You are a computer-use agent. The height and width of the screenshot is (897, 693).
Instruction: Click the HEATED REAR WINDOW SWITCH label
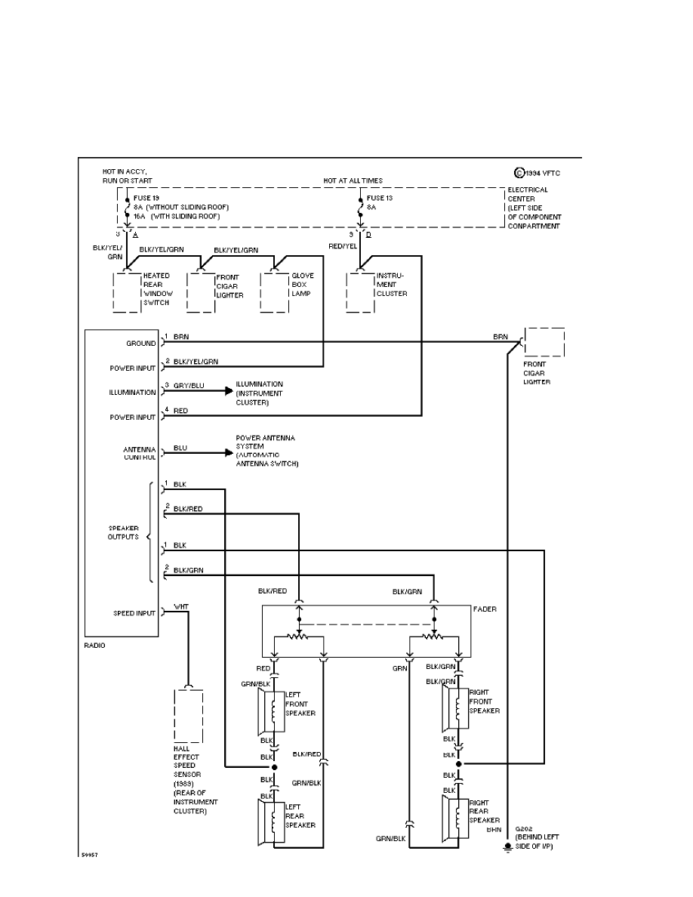(156, 289)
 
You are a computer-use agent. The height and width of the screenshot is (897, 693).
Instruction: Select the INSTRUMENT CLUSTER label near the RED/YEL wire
(392, 285)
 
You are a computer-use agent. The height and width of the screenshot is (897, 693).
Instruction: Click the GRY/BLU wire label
(189, 386)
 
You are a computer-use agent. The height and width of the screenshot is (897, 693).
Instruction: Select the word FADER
(485, 608)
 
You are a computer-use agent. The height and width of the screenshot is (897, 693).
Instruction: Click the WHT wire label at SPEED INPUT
(181, 606)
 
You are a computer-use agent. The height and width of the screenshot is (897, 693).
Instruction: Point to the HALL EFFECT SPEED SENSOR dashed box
(188, 715)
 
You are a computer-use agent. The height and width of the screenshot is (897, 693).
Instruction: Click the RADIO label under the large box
(95, 646)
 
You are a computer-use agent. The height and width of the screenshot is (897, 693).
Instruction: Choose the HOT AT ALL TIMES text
(353, 181)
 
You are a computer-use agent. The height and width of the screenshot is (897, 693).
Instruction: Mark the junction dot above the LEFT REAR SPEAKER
(274, 767)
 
